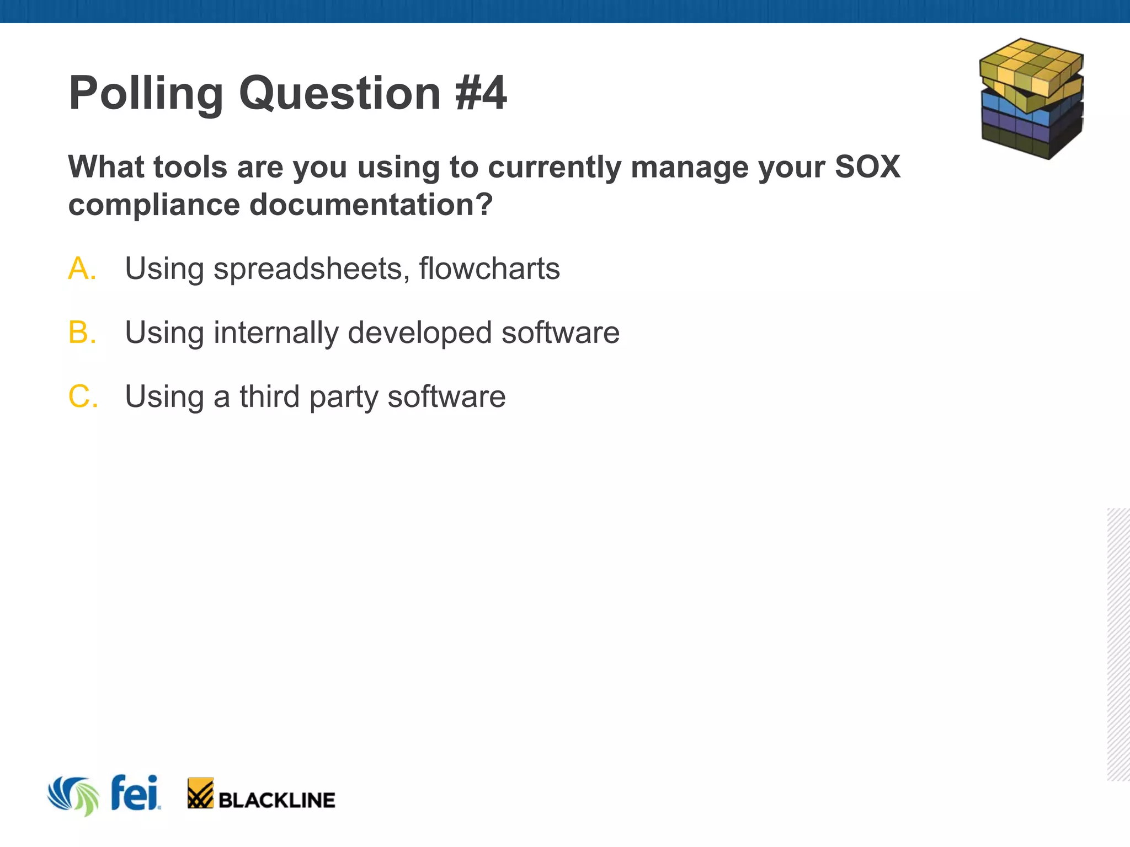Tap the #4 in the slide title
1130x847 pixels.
click(481, 93)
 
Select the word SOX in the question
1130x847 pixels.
click(867, 167)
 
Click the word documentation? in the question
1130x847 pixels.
click(371, 205)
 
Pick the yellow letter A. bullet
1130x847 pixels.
click(82, 269)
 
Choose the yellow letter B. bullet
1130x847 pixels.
click(82, 333)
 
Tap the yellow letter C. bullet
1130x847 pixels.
click(83, 397)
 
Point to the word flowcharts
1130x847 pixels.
click(489, 269)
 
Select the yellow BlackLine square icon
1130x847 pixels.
click(200, 793)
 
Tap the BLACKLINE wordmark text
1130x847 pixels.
click(276, 800)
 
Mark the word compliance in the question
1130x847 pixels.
click(154, 205)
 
